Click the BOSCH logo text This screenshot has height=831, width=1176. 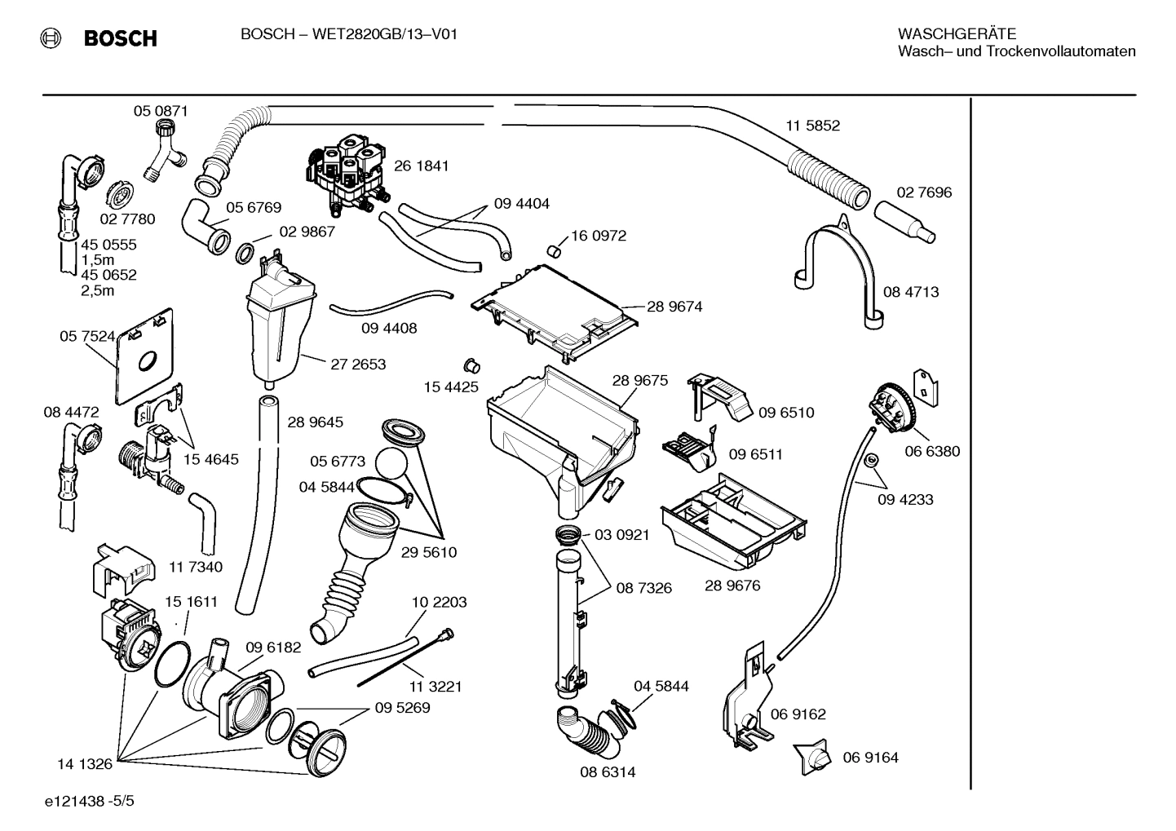tap(120, 38)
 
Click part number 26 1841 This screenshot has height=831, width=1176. tap(421, 166)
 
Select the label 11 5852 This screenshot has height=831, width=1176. tap(812, 126)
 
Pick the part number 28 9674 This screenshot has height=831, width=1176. tap(674, 307)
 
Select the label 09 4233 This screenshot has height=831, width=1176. tap(905, 499)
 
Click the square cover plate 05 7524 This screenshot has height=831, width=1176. tap(145, 357)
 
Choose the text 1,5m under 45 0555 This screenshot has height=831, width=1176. tap(97, 259)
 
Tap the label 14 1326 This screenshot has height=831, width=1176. tap(84, 764)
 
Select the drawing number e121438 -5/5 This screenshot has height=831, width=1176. tap(90, 802)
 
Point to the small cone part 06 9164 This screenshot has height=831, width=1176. tap(811, 756)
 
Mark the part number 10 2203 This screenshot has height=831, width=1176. tap(439, 602)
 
